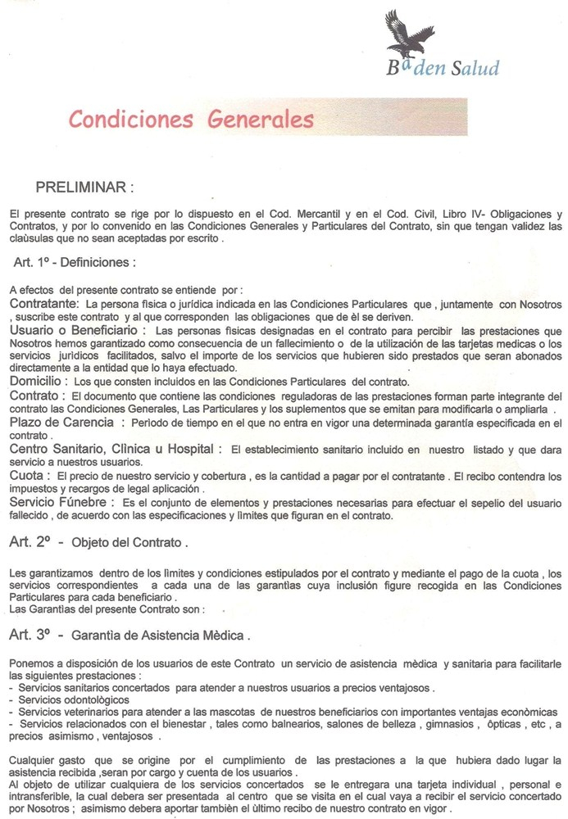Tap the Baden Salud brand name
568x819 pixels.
pos(443,67)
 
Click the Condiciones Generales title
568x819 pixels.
pos(191,120)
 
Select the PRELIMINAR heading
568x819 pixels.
pos(84,188)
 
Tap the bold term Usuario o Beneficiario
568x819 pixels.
pos(78,330)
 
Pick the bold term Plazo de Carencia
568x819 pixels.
pos(63,421)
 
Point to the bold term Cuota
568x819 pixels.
pos(28,474)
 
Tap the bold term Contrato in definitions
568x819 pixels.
pos(34,395)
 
